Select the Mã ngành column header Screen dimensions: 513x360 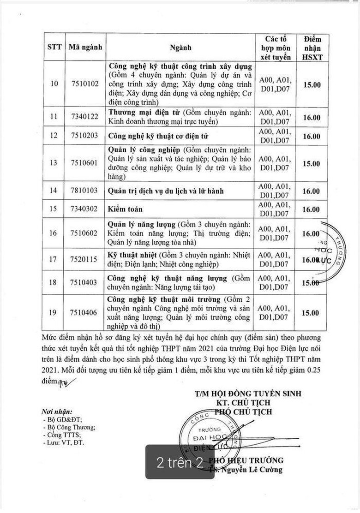coord(85,47)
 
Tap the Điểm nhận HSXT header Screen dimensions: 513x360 coord(312,48)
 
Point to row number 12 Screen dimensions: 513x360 coord(54,136)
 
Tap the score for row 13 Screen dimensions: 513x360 coord(311,163)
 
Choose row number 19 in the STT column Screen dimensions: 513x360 coord(54,313)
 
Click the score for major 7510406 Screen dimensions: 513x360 coord(311,313)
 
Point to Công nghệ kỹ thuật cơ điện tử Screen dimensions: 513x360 coord(158,137)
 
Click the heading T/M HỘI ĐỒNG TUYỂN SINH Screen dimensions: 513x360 coord(248,394)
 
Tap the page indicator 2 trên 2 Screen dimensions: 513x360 coord(180,462)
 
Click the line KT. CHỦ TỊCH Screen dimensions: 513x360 coord(246,403)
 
